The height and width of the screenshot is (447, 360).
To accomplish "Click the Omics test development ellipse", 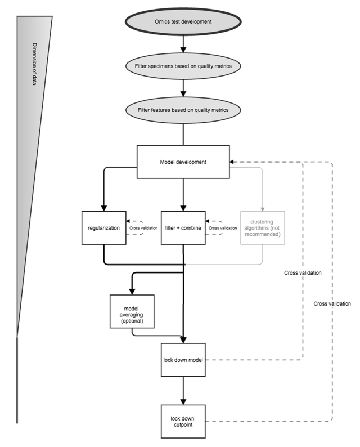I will tap(183, 22).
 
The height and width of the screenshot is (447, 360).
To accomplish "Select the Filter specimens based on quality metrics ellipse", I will tap(183, 66).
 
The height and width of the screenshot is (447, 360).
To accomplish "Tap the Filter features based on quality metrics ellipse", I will tap(183, 109).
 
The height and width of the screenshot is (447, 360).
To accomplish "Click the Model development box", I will tap(183, 162).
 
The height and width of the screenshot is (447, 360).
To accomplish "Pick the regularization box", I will tap(103, 227).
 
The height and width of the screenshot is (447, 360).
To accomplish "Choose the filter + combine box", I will tap(183, 227).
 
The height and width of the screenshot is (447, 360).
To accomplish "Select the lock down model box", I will tap(183, 359).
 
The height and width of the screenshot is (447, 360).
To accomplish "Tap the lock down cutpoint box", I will tap(183, 422).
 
